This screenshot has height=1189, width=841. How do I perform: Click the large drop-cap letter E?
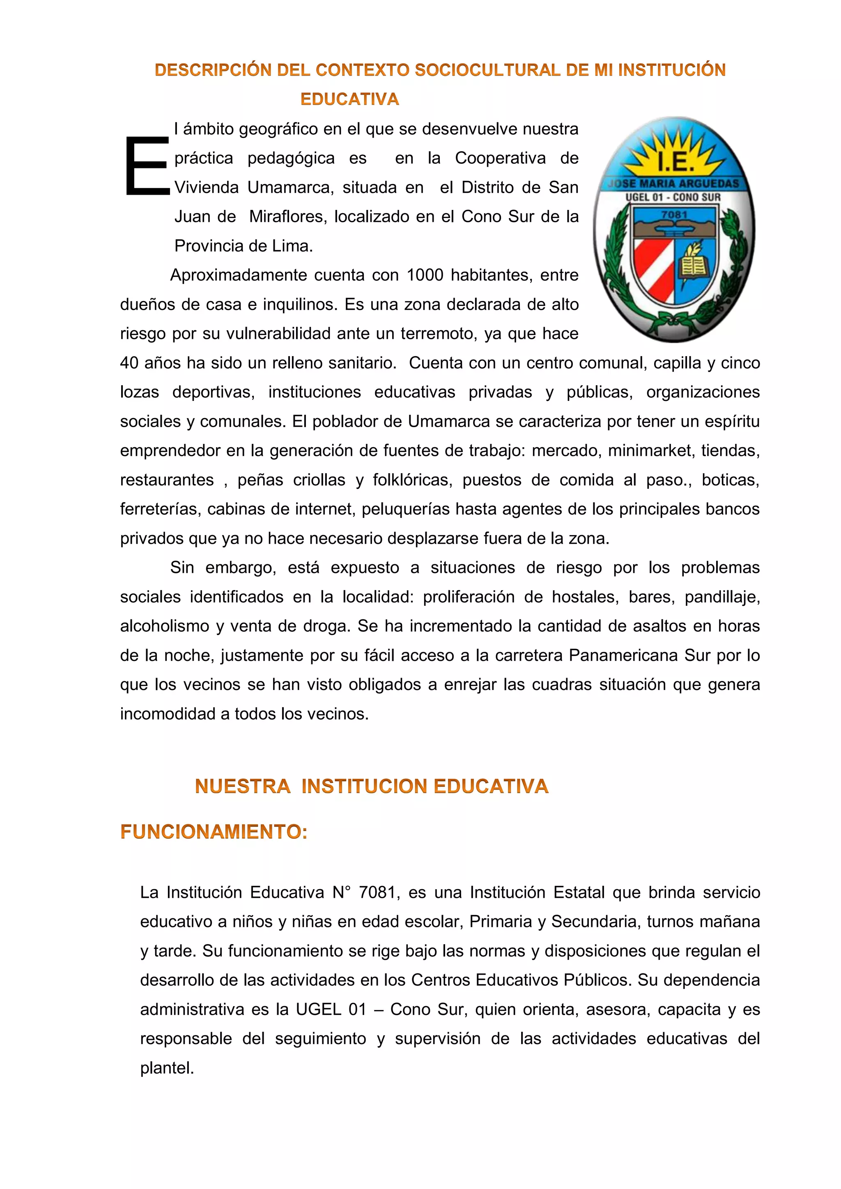[147, 166]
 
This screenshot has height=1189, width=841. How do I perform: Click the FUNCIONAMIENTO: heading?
[214, 832]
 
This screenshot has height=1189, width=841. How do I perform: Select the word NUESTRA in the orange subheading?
[242, 786]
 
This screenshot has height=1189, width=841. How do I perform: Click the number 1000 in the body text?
[425, 275]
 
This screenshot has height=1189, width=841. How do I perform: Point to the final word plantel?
[167, 1068]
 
